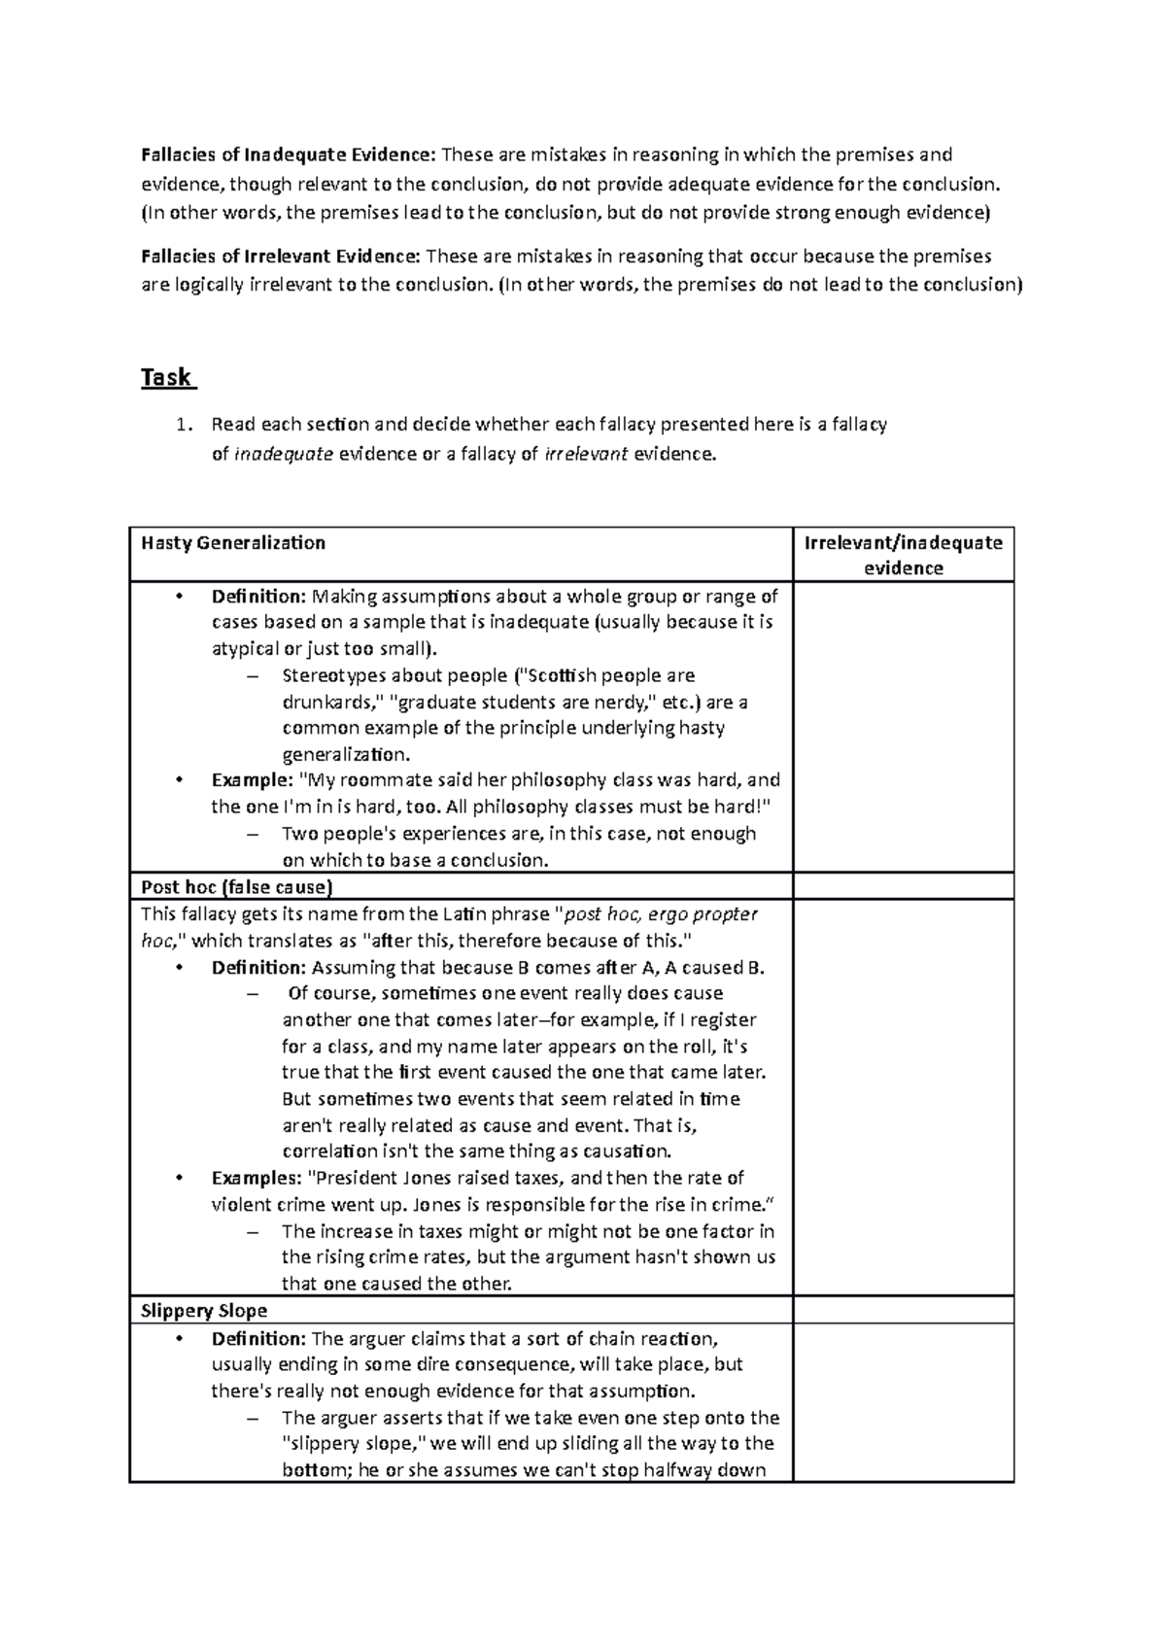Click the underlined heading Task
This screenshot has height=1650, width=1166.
166,377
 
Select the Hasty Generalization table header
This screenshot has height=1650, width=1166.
233,543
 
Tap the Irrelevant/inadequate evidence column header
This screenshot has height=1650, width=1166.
903,555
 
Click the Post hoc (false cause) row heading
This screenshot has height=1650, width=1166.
236,886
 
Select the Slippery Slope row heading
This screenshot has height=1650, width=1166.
204,1310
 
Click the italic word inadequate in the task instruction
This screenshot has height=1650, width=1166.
284,453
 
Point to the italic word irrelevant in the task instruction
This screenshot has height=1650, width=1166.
587,453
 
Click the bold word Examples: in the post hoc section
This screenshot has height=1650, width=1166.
257,1178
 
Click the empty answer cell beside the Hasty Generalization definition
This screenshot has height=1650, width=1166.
903,726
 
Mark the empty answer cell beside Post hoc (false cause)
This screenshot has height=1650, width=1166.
903,886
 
